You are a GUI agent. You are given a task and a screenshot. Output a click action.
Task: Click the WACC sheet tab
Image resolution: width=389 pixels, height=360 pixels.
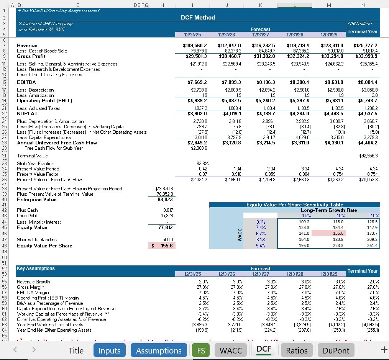[230, 350]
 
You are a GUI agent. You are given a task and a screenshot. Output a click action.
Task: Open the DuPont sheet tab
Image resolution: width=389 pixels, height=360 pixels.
[336, 350]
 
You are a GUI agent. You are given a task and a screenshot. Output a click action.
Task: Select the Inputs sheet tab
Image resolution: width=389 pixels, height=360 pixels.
[110, 350]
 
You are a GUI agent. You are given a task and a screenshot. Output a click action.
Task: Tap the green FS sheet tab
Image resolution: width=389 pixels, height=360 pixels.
[201, 350]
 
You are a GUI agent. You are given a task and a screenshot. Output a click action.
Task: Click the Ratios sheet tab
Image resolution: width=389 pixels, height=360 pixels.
[297, 350]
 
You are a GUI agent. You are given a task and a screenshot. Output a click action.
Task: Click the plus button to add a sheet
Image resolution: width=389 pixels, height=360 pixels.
[384, 350]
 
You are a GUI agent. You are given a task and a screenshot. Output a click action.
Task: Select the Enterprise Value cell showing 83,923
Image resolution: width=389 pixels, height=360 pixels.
[165, 200]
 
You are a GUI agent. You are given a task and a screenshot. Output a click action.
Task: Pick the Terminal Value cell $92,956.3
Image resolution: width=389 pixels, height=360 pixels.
[368, 156]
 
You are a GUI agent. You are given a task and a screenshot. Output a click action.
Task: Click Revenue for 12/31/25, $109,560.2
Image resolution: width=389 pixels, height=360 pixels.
[195, 46]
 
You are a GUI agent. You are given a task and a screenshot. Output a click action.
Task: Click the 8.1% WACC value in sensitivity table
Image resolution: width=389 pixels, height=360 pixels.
[261, 221]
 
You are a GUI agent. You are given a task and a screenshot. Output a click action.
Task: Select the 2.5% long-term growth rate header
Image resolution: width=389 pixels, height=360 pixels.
[373, 216]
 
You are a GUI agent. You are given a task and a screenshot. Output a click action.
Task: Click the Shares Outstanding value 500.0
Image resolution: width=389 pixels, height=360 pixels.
[167, 240]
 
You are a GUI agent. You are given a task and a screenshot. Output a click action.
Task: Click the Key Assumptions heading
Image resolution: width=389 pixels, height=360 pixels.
[36, 268]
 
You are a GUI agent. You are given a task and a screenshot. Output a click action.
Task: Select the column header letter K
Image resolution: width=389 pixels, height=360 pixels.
[260, 5]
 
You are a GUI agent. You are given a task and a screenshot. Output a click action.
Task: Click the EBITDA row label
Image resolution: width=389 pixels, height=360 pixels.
[26, 82]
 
